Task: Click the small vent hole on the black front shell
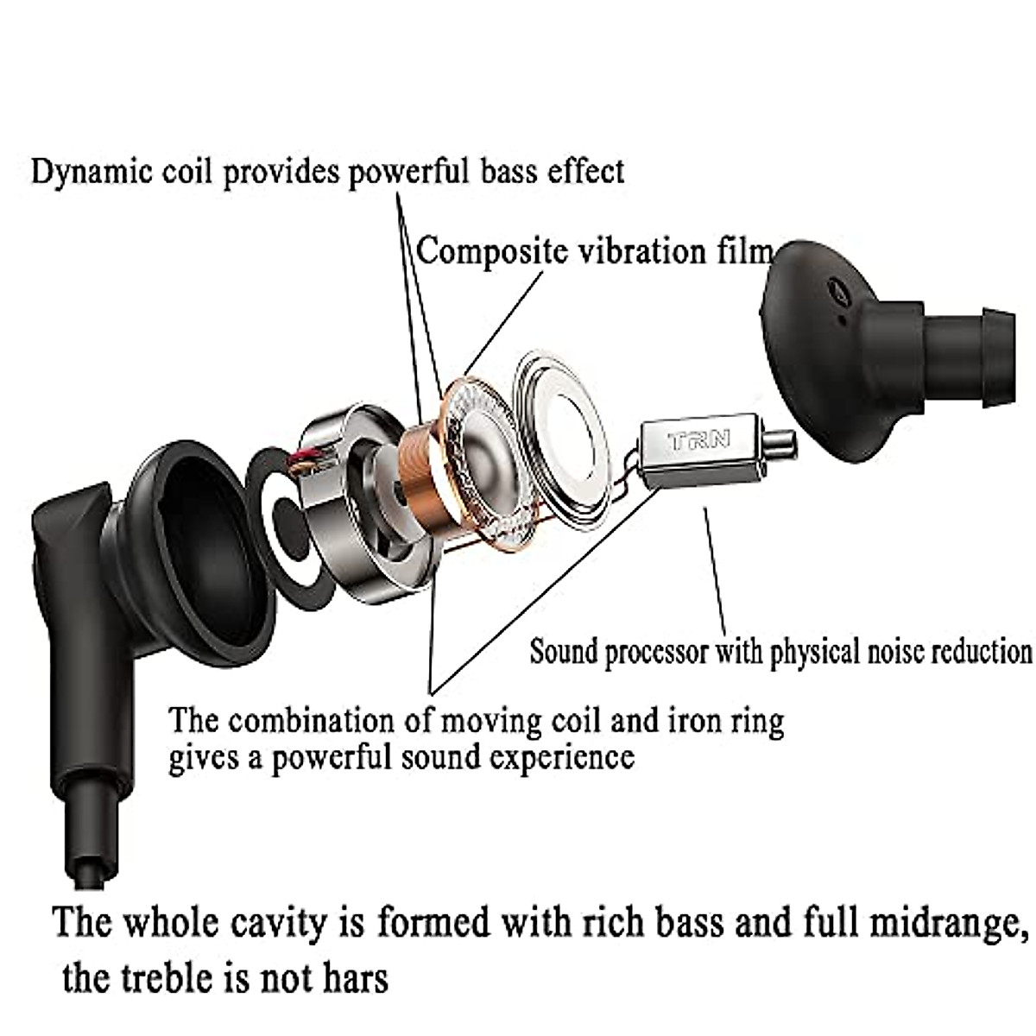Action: (x=836, y=293)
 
